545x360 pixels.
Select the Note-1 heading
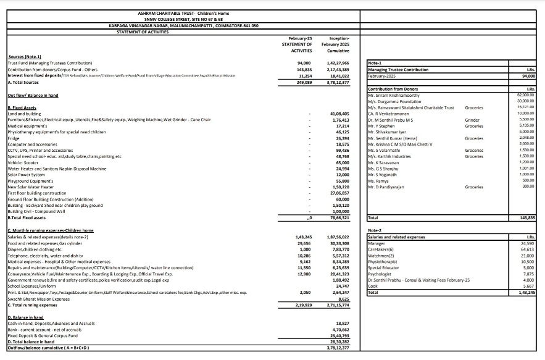point(375,63)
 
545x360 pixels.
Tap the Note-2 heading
point(375,230)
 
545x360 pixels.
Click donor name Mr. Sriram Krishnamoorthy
point(394,95)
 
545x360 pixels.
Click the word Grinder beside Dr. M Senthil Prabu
point(472,119)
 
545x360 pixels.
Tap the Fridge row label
point(14,138)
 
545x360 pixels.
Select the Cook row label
point(373,286)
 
